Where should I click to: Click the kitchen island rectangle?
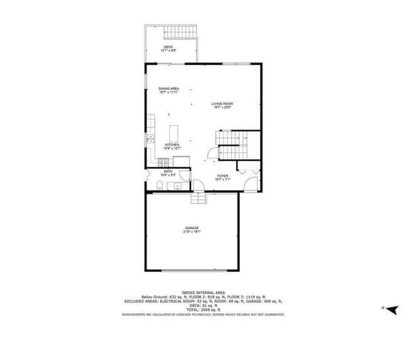(174, 133)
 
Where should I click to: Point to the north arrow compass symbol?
(393, 309)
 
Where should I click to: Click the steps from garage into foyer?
(198, 198)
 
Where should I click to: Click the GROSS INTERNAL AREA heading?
(203, 292)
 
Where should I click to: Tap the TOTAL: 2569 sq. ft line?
(203, 310)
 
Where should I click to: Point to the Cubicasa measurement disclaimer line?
(203, 314)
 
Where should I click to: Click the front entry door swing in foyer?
(250, 184)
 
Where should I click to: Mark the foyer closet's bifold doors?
(246, 169)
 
